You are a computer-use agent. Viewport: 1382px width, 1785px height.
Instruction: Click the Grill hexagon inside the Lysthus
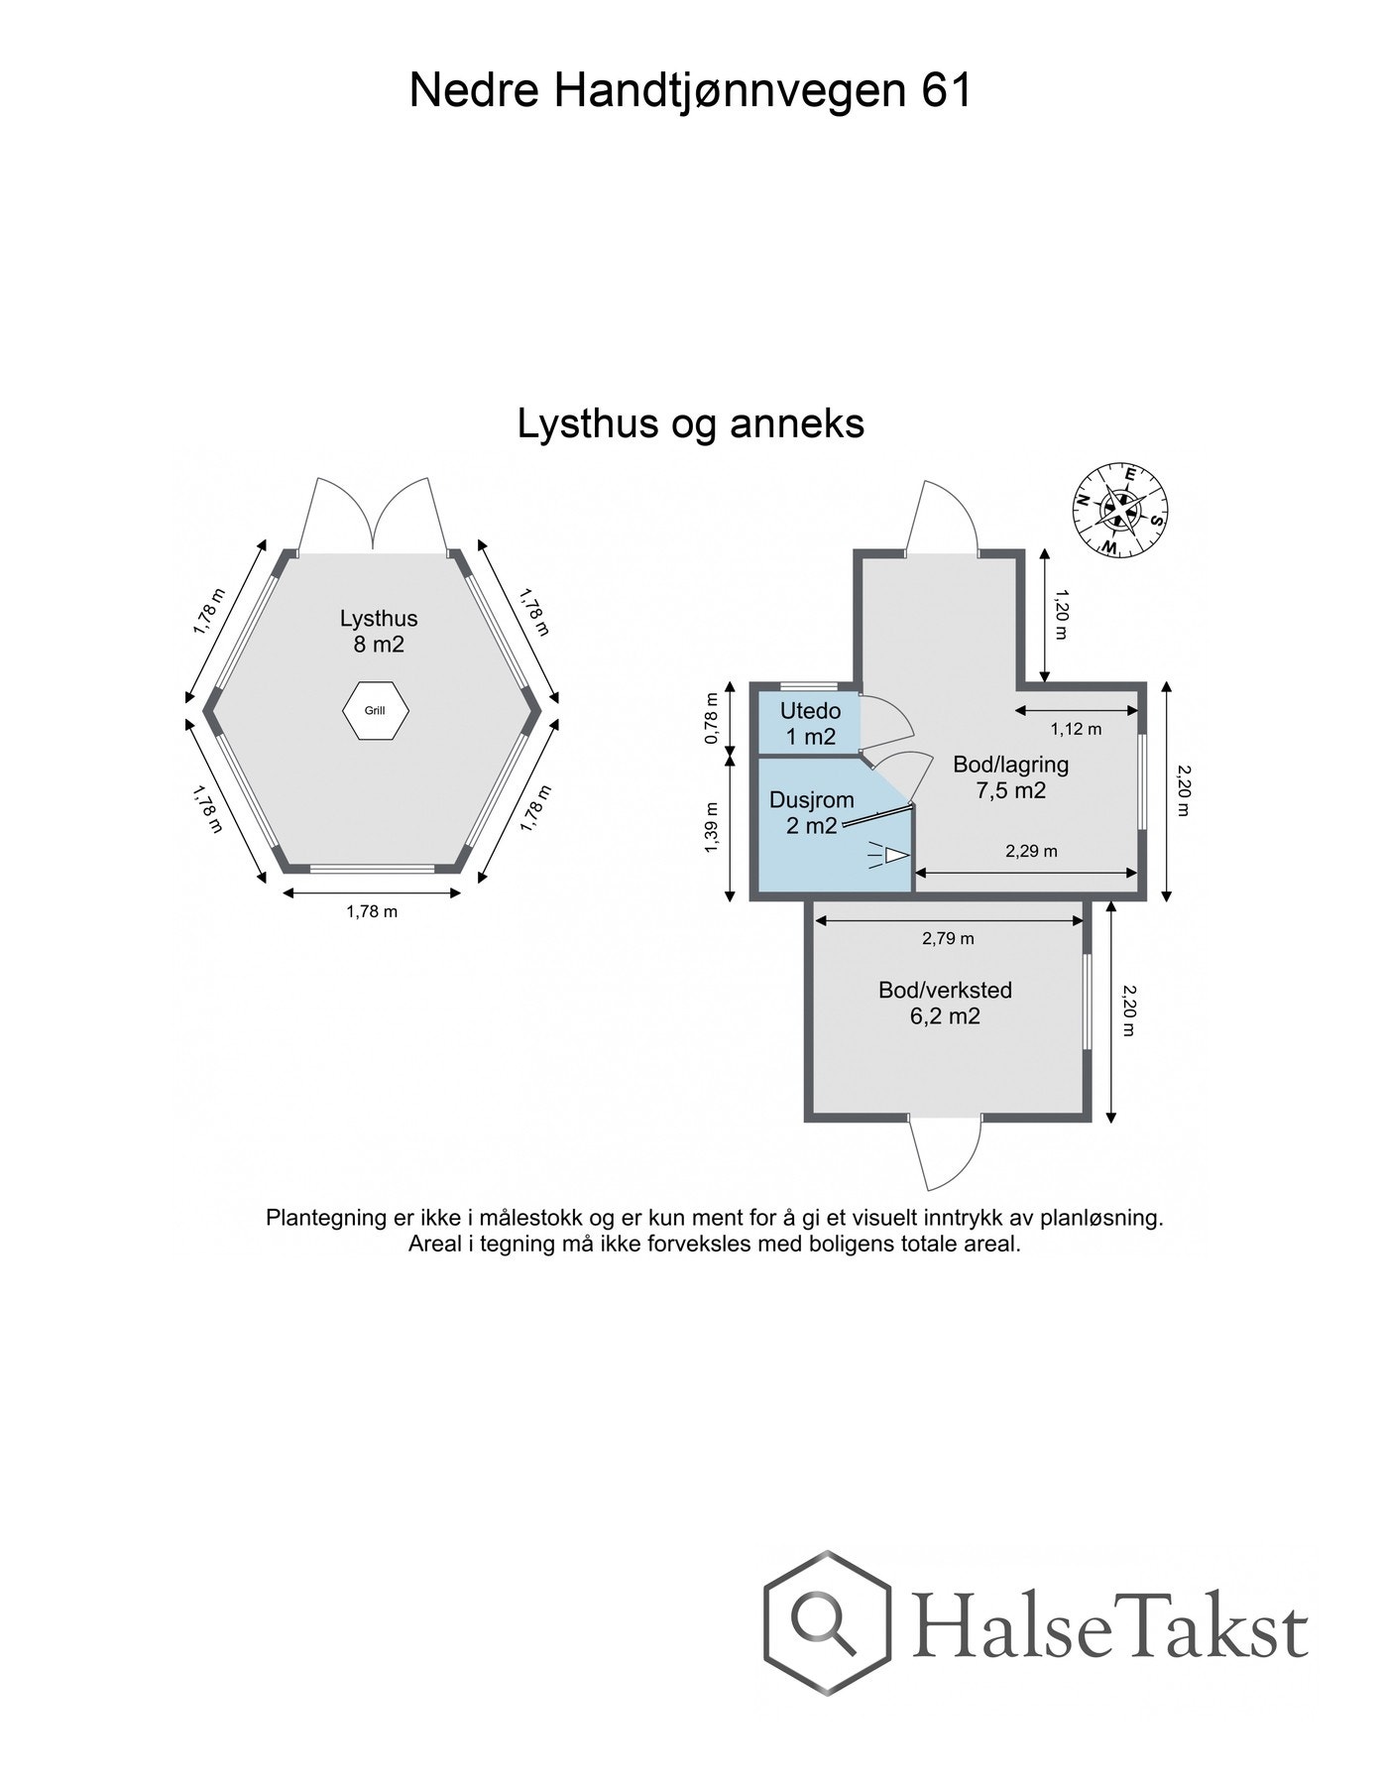(375, 710)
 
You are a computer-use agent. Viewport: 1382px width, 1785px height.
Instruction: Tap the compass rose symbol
(1119, 510)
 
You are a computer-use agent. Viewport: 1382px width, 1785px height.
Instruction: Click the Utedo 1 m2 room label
(810, 723)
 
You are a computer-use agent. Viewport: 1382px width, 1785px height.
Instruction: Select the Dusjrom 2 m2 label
(812, 812)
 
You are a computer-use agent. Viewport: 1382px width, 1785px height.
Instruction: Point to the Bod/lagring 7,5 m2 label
(1010, 776)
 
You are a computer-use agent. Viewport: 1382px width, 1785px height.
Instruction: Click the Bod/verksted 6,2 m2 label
(945, 1003)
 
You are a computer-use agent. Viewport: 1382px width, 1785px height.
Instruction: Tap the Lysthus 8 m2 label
(378, 631)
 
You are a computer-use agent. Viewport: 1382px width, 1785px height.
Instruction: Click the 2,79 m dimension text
(948, 938)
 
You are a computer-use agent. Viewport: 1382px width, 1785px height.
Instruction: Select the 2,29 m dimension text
(1031, 851)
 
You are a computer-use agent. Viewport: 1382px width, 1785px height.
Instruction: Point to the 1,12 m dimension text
(1076, 729)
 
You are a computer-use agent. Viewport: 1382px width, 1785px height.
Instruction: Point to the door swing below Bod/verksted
(944, 1155)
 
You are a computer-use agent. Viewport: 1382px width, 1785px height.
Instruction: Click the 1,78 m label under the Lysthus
(372, 911)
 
